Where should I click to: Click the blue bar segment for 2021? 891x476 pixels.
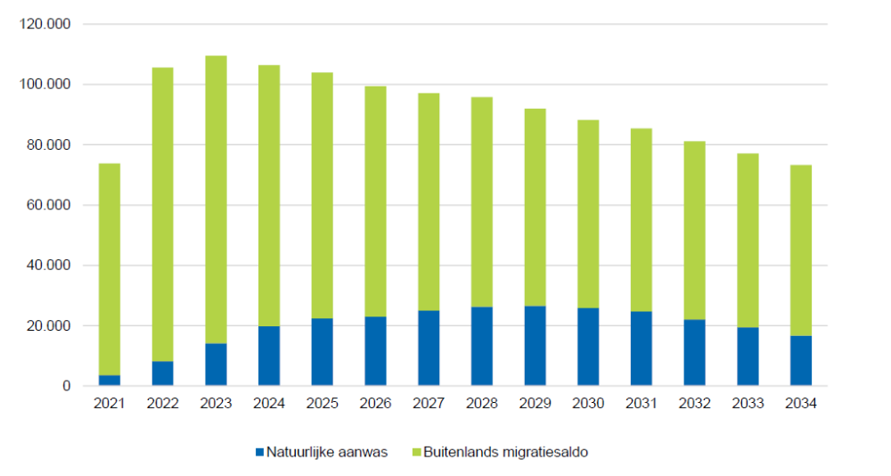(x=110, y=381)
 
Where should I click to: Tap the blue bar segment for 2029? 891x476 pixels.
(x=535, y=346)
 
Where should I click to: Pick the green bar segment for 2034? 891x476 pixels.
(x=800, y=250)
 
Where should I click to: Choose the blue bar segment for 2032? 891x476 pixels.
(x=694, y=352)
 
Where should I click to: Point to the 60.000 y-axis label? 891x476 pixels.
(x=48, y=205)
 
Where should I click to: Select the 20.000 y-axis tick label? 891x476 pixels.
(x=48, y=326)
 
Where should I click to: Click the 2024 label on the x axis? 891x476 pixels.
(x=268, y=404)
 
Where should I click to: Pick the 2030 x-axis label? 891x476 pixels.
(x=588, y=404)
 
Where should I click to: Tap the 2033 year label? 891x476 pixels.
(x=748, y=404)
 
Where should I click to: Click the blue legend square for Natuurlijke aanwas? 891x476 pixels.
(x=260, y=452)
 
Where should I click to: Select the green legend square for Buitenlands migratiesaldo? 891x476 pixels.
(x=416, y=452)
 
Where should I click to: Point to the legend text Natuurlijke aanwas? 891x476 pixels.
(x=328, y=452)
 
